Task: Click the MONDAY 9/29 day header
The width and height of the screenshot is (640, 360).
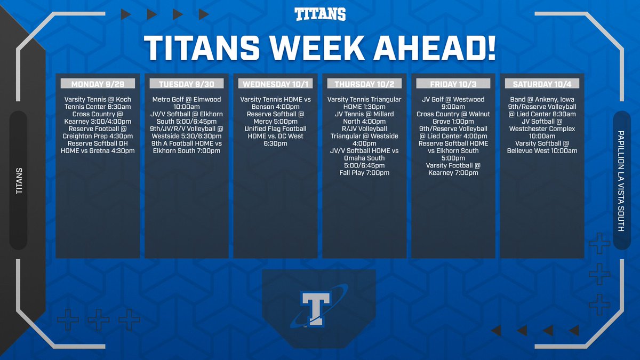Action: (98, 84)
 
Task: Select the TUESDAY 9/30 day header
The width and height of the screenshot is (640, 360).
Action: (186, 84)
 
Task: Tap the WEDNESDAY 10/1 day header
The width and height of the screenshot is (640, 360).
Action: (275, 84)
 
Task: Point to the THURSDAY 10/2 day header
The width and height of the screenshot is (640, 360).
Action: (364, 84)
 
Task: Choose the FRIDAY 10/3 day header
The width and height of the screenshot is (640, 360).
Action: (452, 84)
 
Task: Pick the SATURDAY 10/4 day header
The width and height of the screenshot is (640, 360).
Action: (541, 84)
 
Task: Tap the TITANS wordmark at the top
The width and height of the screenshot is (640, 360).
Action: (320, 14)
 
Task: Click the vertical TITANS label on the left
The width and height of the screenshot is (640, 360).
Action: (19, 181)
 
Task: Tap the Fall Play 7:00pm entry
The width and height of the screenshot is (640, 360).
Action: (364, 173)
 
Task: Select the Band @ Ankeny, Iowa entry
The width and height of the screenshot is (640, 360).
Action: (541, 100)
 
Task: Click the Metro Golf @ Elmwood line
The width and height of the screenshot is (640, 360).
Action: (187, 100)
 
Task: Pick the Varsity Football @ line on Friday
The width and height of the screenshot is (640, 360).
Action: (453, 165)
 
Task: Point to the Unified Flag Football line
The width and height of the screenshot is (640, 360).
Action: (275, 129)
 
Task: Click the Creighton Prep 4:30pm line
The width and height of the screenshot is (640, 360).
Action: (98, 136)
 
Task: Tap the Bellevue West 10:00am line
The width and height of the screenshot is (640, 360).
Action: (541, 151)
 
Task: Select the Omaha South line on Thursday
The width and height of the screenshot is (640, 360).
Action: (364, 158)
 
